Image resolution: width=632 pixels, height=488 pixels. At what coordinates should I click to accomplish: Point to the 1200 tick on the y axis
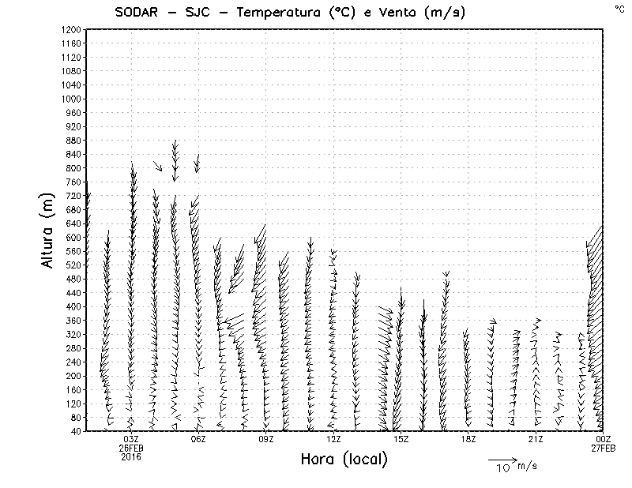tap(70, 30)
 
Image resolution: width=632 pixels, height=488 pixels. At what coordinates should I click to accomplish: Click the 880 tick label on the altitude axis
tap(72, 141)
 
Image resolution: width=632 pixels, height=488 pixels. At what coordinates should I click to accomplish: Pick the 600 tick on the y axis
tap(72, 238)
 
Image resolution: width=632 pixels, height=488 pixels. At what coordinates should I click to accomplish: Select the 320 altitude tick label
tap(72, 335)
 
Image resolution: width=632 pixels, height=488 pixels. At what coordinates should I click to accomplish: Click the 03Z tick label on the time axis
tap(131, 440)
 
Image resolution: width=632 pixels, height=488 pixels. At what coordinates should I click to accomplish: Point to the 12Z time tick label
tap(334, 440)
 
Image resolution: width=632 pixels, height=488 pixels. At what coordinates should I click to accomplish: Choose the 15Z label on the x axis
tap(401, 440)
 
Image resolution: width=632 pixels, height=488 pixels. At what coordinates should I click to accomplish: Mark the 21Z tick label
tap(536, 440)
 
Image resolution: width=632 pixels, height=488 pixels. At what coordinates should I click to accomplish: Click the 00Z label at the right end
tap(604, 440)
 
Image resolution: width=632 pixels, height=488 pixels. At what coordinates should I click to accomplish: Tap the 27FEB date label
tap(604, 449)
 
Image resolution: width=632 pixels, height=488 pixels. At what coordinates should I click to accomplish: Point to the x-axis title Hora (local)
tap(344, 460)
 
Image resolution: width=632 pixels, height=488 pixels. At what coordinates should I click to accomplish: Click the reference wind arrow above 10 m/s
tap(502, 459)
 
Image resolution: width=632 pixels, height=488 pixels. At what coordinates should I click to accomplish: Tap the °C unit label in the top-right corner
tap(619, 9)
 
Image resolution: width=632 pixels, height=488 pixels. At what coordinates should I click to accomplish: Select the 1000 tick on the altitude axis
tap(70, 99)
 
